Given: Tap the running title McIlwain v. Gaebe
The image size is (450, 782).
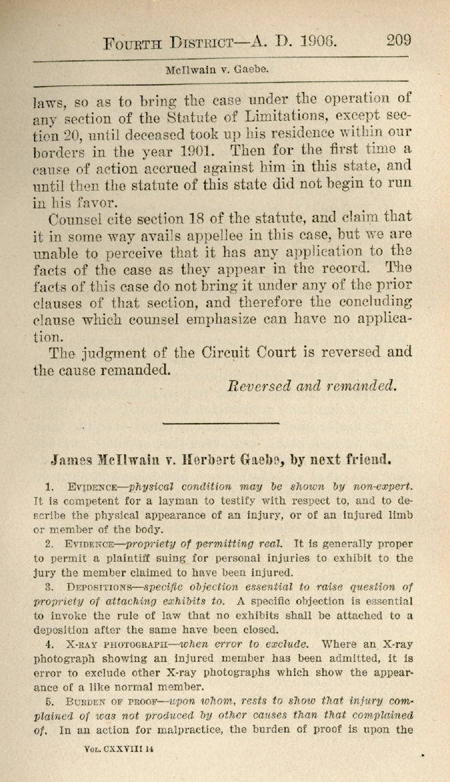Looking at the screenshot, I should tap(218, 69).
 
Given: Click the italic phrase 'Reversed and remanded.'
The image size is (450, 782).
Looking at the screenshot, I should tap(312, 385).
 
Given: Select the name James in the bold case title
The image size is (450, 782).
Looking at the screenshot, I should tap(73, 460).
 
